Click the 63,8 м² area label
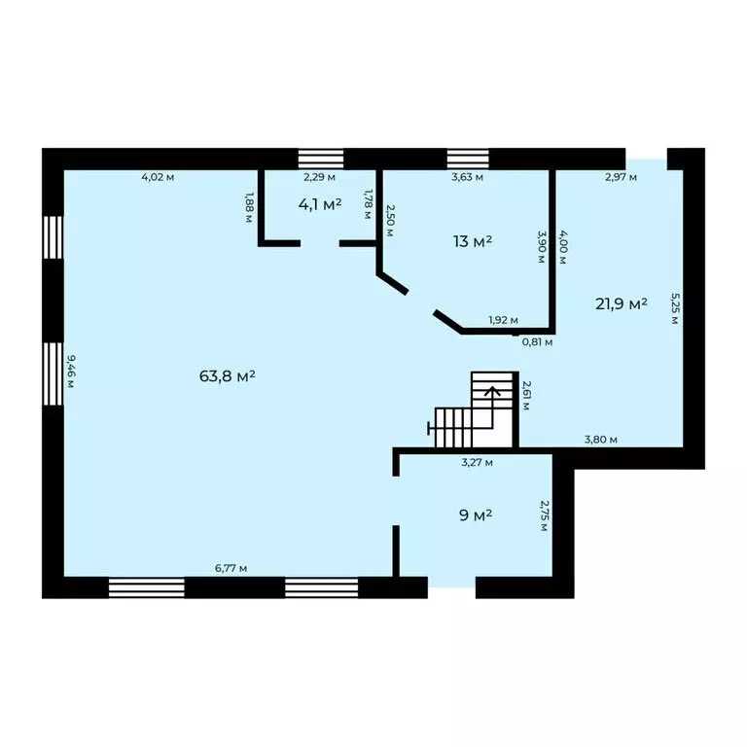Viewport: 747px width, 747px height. pos(228,376)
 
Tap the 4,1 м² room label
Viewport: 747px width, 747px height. pos(320,204)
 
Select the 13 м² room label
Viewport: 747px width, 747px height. pos(472,241)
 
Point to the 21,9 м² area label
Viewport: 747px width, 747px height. pos(622,303)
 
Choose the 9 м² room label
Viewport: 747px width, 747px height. pos(476,515)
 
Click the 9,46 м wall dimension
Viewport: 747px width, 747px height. pos(70,372)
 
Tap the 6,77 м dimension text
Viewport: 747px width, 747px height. pos(231,568)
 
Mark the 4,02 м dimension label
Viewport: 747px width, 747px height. pos(158,177)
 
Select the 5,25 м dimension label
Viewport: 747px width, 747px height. pos(675,308)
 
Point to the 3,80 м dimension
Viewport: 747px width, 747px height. pos(601,440)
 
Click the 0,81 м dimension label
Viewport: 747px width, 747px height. pos(537,341)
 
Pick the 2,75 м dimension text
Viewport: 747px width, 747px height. pos(544,515)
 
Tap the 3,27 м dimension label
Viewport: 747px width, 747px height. pos(477,462)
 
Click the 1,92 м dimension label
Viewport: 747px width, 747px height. pos(503,320)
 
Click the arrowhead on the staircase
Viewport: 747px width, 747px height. pos(492,391)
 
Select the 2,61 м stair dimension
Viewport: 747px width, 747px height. pos(526,396)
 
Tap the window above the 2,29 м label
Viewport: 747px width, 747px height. pos(321,159)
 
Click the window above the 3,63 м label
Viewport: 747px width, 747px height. pos(468,159)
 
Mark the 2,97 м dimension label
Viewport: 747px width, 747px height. pos(621,177)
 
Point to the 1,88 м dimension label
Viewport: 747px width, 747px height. pos(249,207)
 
